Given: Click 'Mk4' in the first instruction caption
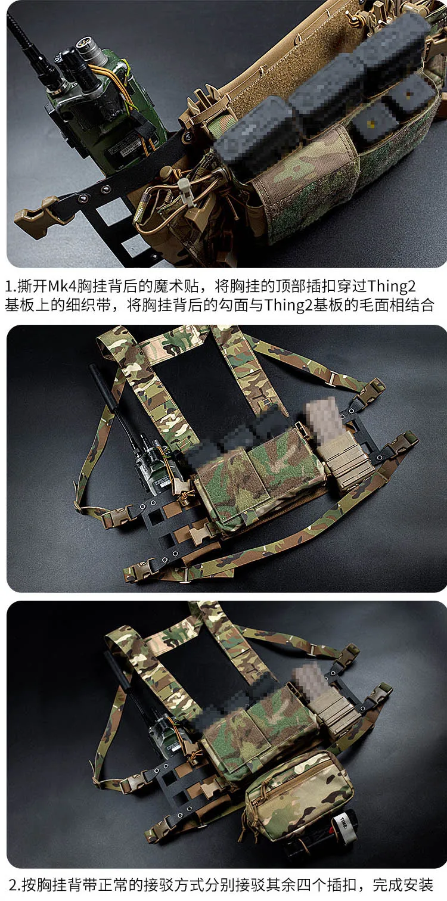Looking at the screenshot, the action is click(x=63, y=287).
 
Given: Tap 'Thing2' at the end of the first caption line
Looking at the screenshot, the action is click(x=392, y=287).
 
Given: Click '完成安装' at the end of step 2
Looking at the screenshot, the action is click(x=403, y=886).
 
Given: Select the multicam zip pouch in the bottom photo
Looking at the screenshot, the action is click(x=298, y=794).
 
